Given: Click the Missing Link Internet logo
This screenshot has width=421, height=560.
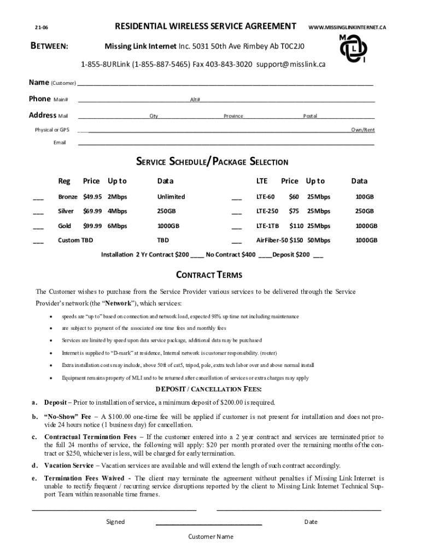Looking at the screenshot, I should tap(353, 48).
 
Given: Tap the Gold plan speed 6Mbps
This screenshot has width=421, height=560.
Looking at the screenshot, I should tap(117, 225).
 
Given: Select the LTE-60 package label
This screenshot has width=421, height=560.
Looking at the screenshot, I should tap(265, 196).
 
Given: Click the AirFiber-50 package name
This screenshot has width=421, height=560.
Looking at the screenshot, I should tap(272, 240).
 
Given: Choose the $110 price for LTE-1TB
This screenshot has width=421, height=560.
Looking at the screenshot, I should tap(296, 225).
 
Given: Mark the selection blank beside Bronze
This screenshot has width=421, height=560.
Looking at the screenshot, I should tap(38, 197).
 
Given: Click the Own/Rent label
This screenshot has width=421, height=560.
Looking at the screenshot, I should tap(362, 130).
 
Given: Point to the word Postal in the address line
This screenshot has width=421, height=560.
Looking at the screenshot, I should tap(310, 116).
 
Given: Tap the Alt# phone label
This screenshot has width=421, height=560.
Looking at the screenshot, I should tap(195, 100).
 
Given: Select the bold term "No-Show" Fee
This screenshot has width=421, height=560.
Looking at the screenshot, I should tap(67, 417).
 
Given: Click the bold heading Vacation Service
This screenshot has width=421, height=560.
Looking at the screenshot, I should tap(68, 465).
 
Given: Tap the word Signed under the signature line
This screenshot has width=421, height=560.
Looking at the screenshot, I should tap(115, 522).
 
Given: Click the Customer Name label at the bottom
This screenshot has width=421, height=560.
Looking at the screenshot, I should tap(210, 536).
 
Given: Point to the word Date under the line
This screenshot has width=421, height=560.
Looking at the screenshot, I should tap(311, 522).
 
